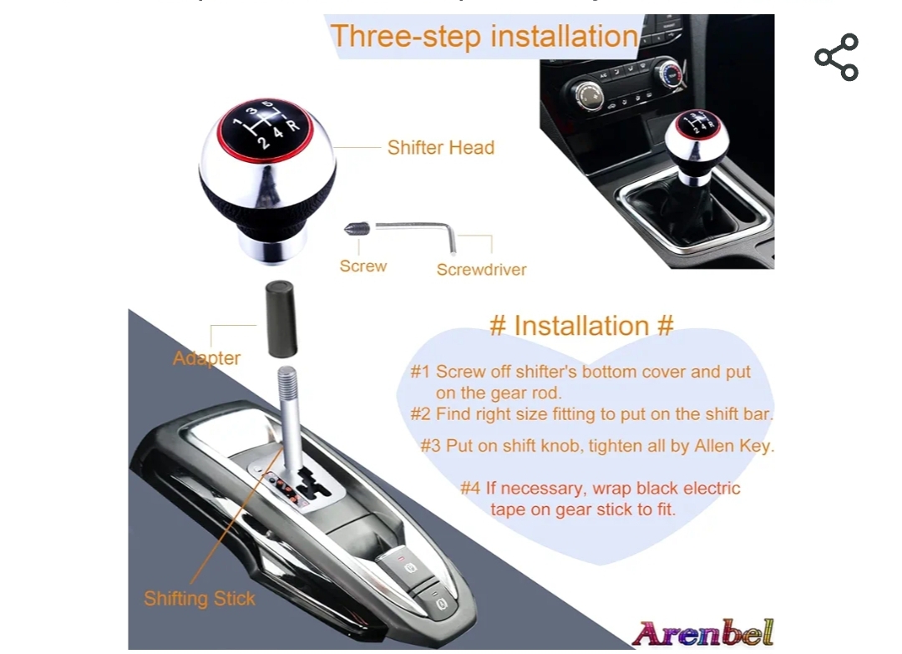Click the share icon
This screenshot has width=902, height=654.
(836, 57)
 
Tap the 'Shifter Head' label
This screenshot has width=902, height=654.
(441, 148)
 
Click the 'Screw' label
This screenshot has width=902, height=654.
(363, 266)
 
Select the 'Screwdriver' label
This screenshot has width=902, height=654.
(482, 270)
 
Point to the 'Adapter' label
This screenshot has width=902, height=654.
(206, 358)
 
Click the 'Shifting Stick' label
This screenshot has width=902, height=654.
(199, 598)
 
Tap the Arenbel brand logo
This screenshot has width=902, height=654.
(702, 633)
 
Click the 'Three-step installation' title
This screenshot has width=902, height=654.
(484, 36)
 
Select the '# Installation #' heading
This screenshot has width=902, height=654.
(581, 326)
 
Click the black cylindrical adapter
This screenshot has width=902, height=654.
(281, 319)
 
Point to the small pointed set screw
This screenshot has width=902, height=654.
(357, 228)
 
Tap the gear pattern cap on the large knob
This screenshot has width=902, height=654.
(265, 128)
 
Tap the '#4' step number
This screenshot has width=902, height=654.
(470, 489)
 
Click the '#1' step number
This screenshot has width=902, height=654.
(420, 372)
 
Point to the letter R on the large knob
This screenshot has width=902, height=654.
(293, 124)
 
